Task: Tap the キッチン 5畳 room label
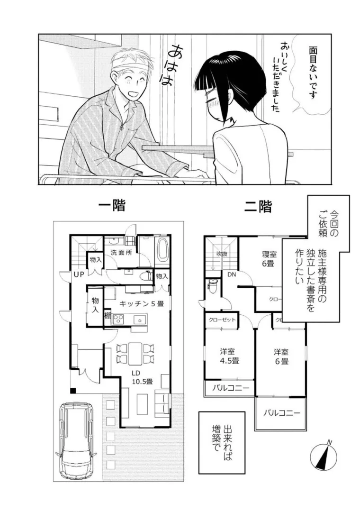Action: coord(141,303)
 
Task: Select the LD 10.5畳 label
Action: coord(142,376)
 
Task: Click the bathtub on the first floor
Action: coord(162,249)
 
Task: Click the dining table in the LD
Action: coord(135,353)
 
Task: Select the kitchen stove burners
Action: coord(117,319)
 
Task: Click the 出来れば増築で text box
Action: coord(222,442)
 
